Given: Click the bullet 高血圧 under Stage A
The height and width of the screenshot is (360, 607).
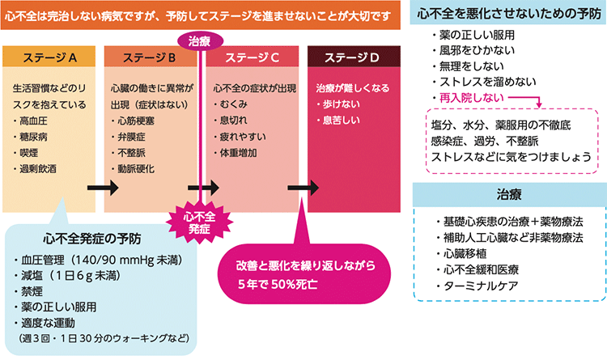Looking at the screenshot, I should [34, 121].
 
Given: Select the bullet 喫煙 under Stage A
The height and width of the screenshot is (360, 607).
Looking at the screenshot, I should [29, 152].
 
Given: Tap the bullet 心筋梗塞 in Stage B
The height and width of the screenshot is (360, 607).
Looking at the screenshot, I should [135, 121].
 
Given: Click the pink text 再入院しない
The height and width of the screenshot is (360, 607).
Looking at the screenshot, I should [469, 98].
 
